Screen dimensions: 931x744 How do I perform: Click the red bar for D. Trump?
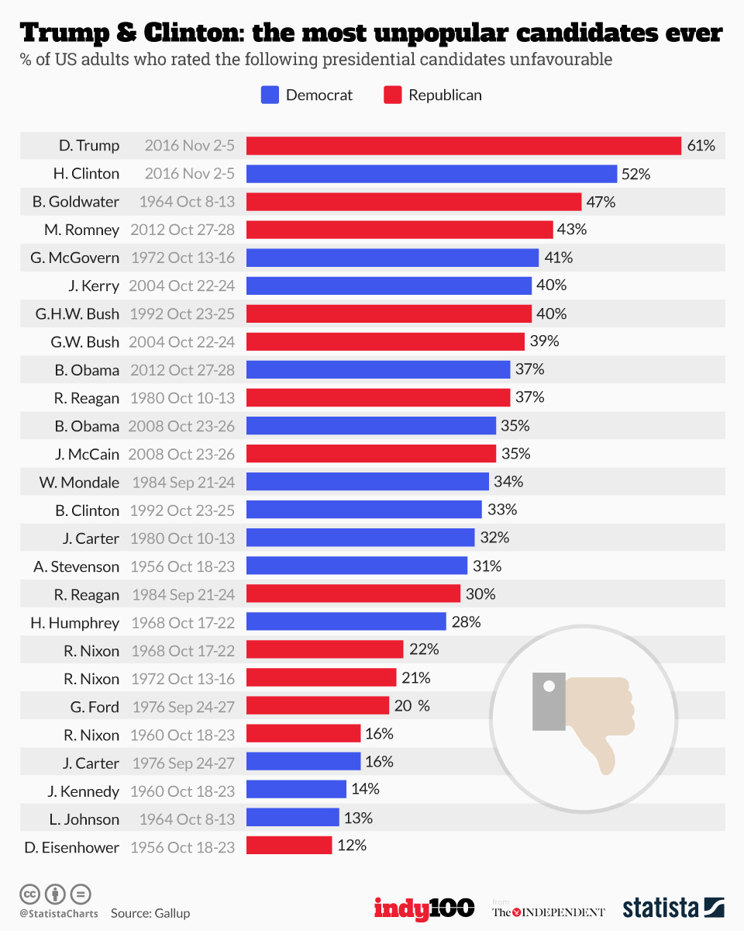click(463, 146)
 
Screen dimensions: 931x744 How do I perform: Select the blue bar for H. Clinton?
click(431, 174)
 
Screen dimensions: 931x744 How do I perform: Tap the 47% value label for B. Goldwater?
click(601, 202)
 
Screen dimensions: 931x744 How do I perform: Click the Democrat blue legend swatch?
click(269, 95)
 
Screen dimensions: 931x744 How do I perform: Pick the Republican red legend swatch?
click(392, 95)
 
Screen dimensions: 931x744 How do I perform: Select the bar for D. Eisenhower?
click(289, 846)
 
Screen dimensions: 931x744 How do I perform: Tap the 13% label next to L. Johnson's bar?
click(359, 819)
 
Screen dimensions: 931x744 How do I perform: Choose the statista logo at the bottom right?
click(673, 908)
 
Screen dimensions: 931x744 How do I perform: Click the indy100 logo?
click(424, 908)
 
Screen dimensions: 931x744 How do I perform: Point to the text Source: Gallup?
click(150, 913)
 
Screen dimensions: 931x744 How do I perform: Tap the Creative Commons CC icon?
click(29, 893)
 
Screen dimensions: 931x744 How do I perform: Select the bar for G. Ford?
click(318, 706)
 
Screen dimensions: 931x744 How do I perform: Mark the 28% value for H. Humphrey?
click(467, 622)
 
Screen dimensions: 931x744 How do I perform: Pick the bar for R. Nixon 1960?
click(303, 734)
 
